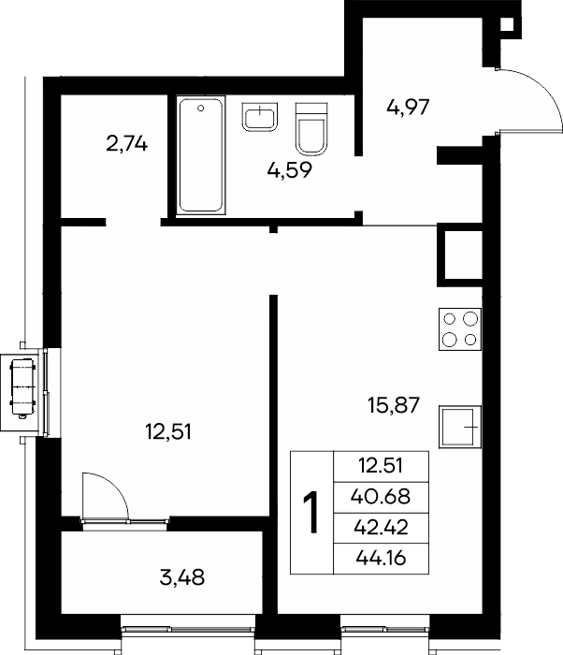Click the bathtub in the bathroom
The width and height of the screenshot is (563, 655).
click(x=201, y=155)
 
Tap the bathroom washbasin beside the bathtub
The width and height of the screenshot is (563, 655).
click(x=259, y=117)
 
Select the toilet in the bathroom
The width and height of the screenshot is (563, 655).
click(x=311, y=129)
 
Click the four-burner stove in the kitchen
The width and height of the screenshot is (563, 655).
click(x=460, y=329)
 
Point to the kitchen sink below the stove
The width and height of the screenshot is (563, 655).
click(x=460, y=427)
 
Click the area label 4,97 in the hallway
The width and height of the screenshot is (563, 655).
click(x=408, y=108)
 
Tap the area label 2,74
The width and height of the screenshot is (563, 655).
click(x=127, y=144)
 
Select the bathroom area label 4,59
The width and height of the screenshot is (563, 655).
click(x=289, y=170)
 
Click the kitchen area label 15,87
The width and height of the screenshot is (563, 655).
click(x=394, y=405)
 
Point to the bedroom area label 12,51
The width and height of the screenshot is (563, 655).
click(x=168, y=432)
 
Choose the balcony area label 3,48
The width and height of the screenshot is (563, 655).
click(x=182, y=578)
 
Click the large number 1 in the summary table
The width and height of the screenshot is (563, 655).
click(x=311, y=513)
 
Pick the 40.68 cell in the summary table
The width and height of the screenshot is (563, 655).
click(x=381, y=497)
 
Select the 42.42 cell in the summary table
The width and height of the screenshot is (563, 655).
click(x=381, y=528)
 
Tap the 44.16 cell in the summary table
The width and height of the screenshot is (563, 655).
click(x=381, y=558)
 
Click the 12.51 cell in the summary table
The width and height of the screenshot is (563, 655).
click(x=381, y=466)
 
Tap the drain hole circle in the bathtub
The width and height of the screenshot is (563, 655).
click(x=201, y=109)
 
